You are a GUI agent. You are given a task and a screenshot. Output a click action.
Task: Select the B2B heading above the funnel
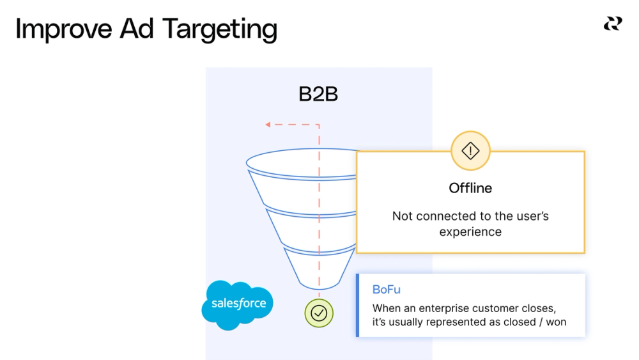318,95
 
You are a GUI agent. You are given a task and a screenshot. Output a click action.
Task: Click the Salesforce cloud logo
238,304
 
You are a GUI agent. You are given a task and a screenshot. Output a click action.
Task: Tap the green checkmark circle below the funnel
319,313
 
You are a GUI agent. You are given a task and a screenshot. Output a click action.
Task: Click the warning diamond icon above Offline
470,151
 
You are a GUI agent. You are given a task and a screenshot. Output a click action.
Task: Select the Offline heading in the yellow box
470,188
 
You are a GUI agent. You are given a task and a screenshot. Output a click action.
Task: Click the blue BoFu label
386,290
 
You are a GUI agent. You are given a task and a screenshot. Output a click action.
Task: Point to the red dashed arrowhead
269,125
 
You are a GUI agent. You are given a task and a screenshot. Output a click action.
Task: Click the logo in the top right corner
612,24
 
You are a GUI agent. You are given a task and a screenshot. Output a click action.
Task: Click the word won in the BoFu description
556,322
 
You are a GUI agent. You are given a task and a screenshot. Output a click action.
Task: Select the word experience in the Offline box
470,231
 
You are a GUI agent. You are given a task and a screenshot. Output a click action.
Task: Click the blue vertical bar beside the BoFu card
358,305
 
